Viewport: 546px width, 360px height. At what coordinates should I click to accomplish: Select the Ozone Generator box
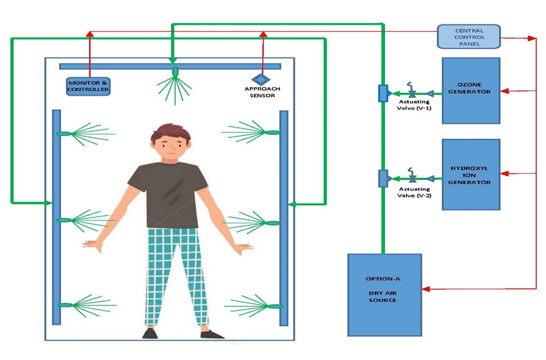point(471,91)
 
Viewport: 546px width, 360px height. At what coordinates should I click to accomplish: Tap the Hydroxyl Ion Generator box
point(471,173)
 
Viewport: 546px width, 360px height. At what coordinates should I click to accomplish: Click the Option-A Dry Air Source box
point(383,294)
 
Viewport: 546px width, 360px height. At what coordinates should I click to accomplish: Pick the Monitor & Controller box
point(88,86)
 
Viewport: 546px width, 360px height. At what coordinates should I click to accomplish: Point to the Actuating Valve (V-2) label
point(416,192)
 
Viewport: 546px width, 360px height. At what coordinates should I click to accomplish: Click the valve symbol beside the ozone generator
point(412,92)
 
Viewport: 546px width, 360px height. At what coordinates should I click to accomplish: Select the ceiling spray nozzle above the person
point(175,71)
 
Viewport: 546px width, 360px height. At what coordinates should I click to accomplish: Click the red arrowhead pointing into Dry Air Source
point(425,289)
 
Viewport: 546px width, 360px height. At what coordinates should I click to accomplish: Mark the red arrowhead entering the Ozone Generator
point(504,91)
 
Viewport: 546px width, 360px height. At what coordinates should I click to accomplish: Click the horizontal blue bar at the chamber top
point(169,66)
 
